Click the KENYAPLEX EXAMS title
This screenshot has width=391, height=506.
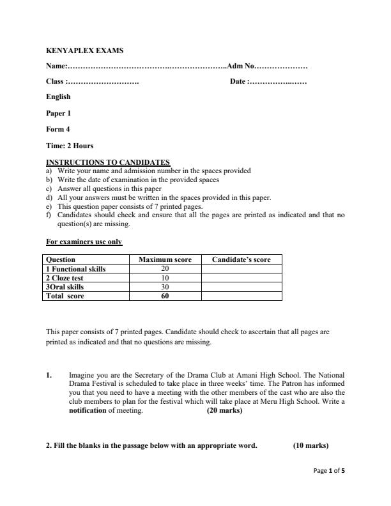tap(85, 50)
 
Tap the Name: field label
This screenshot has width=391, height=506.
tap(56, 66)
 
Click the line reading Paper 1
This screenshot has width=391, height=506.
tap(59, 113)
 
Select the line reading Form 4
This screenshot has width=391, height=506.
tap(58, 129)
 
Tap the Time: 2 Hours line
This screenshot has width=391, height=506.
tap(70, 146)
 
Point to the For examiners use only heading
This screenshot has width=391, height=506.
tap(84, 242)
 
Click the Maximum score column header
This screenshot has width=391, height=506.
tap(165, 259)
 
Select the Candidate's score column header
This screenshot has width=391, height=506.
tap(241, 259)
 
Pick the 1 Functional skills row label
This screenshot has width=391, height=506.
tap(75, 269)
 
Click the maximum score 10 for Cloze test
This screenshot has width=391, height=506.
tap(165, 278)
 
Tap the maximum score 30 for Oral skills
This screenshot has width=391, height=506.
tap(165, 287)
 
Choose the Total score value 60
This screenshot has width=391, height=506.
tap(165, 296)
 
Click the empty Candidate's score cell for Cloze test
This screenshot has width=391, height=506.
tap(241, 278)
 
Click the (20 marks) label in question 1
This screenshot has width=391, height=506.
tap(224, 411)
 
